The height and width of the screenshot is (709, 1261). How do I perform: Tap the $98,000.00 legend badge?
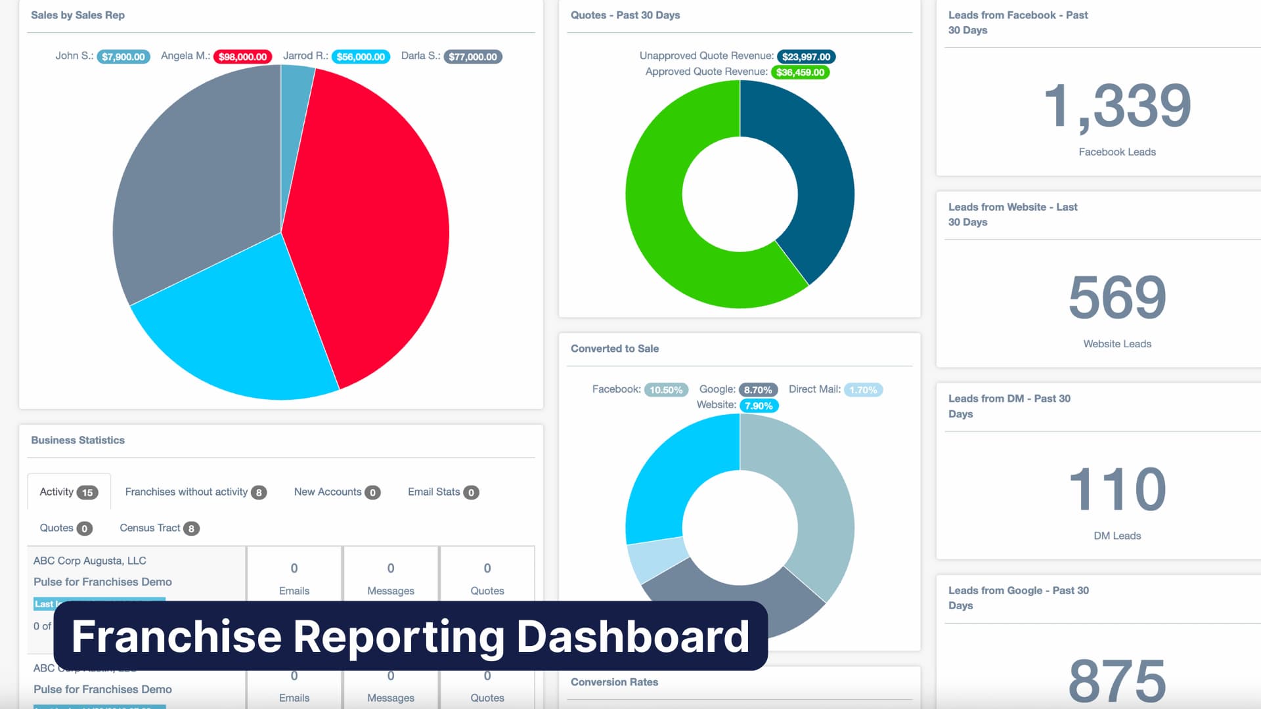click(x=242, y=57)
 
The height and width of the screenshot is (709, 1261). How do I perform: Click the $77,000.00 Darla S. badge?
click(x=472, y=57)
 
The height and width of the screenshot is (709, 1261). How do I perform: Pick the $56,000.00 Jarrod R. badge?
click(x=361, y=57)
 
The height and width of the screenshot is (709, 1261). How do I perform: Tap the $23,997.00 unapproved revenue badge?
click(x=806, y=57)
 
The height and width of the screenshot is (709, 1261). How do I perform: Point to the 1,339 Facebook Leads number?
click(x=1117, y=106)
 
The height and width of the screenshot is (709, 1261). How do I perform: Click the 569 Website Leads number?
click(x=1117, y=297)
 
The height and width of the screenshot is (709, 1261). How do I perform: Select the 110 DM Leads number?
click(x=1117, y=489)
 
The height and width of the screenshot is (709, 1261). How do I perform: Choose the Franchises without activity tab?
click(x=195, y=492)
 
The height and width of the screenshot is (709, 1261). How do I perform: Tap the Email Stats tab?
click(x=443, y=492)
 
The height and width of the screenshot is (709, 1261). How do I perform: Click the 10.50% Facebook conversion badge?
click(x=666, y=390)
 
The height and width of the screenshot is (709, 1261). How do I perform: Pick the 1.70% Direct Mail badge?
click(x=862, y=390)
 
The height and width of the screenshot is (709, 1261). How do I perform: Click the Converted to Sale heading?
click(x=614, y=349)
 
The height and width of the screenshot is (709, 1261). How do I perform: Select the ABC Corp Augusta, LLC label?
click(x=90, y=561)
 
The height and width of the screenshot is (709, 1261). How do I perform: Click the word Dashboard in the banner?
click(x=632, y=636)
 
